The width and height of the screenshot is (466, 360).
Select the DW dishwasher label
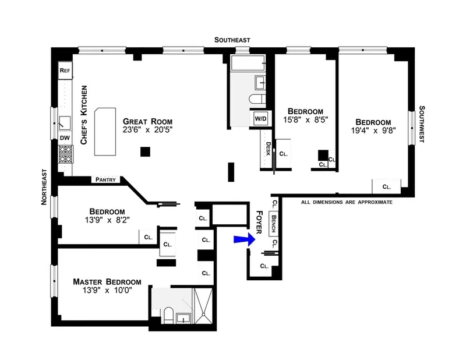[x=65, y=138]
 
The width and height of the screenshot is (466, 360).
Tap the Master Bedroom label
[x=107, y=282]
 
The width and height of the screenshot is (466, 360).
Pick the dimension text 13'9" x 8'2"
[x=107, y=221]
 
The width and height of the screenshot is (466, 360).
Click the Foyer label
[x=260, y=223]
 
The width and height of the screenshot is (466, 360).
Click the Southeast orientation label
[x=232, y=40]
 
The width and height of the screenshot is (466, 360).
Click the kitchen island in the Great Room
[x=105, y=131]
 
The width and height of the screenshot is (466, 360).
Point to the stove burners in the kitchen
[x=65, y=154]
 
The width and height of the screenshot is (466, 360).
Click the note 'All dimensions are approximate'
[x=347, y=202]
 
